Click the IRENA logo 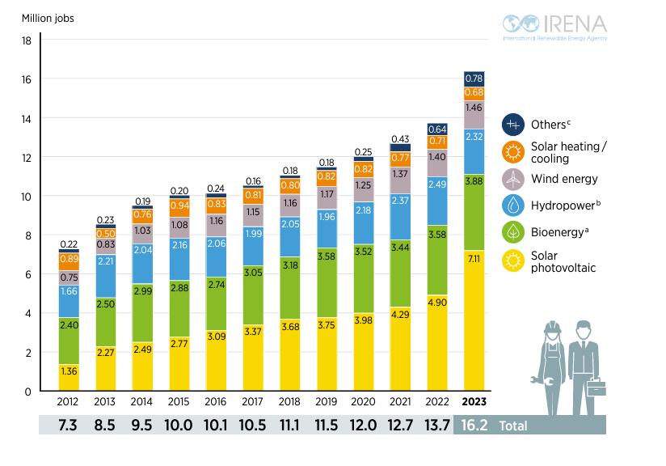point(554,26)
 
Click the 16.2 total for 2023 point(474,425)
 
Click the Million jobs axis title point(48,18)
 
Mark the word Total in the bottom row point(514,425)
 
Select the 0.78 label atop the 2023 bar point(474,78)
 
